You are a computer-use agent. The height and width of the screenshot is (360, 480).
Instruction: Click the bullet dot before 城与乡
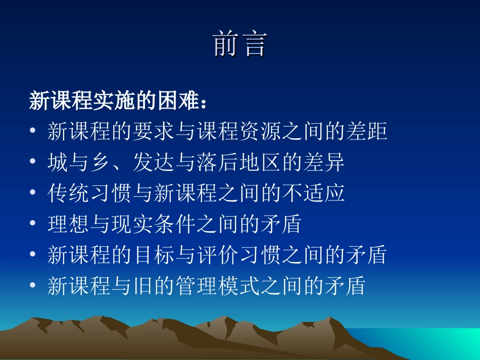pos(33,163)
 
